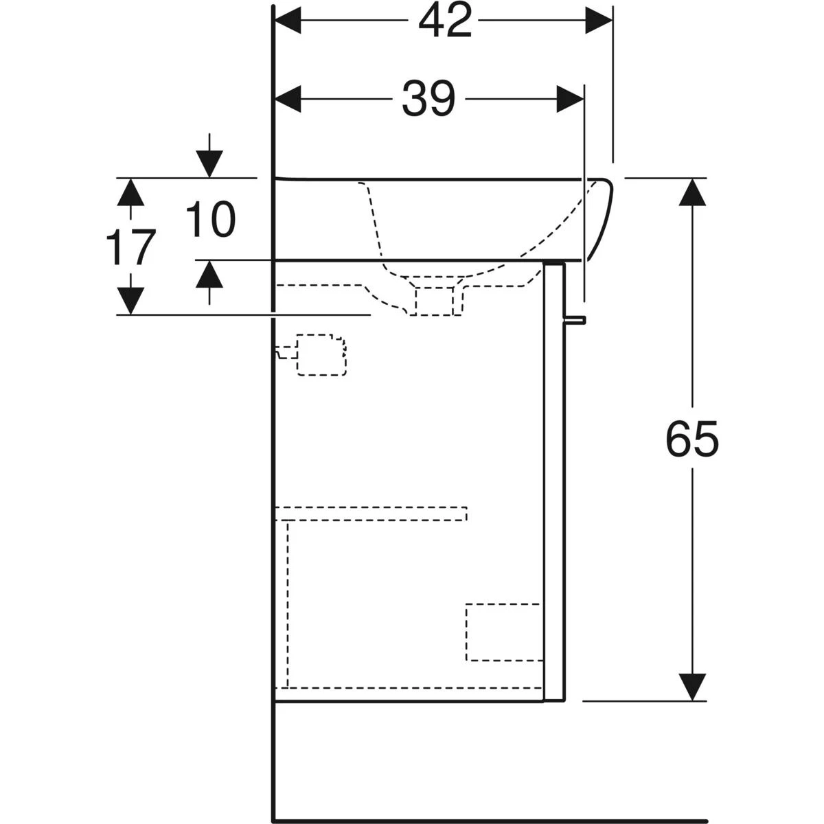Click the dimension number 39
[428, 99]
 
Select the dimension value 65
[692, 439]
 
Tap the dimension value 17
[130, 247]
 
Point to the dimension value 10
[210, 219]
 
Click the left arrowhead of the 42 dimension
[288, 20]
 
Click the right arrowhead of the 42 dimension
[599, 20]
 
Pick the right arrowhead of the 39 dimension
[570, 99]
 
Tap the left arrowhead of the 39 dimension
[288, 99]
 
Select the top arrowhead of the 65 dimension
[692, 192]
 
